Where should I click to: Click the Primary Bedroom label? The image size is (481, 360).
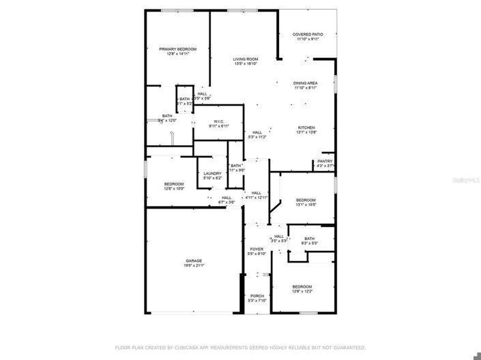(x=177, y=49)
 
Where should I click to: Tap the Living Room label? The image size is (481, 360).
(x=246, y=59)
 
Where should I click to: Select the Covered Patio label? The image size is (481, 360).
(x=308, y=34)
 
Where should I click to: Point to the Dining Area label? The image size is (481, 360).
(x=306, y=82)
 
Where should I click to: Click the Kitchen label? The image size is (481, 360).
(x=306, y=128)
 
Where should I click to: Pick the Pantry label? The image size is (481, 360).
(x=325, y=161)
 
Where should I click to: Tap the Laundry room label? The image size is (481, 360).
(x=212, y=174)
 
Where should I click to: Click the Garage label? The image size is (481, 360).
(x=194, y=260)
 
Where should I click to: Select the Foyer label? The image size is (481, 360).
(x=256, y=250)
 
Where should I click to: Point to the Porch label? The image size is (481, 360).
(x=257, y=296)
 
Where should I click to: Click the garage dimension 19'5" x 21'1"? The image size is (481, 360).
(x=194, y=266)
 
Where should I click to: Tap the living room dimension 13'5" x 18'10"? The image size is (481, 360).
(x=246, y=64)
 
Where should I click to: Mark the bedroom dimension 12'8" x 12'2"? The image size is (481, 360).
(x=302, y=291)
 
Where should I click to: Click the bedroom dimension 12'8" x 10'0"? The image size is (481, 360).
(x=174, y=189)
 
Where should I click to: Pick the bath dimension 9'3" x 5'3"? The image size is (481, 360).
(x=309, y=243)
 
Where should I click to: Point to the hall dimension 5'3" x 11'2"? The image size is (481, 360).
(x=257, y=137)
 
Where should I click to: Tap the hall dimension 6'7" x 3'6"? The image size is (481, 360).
(x=227, y=202)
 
